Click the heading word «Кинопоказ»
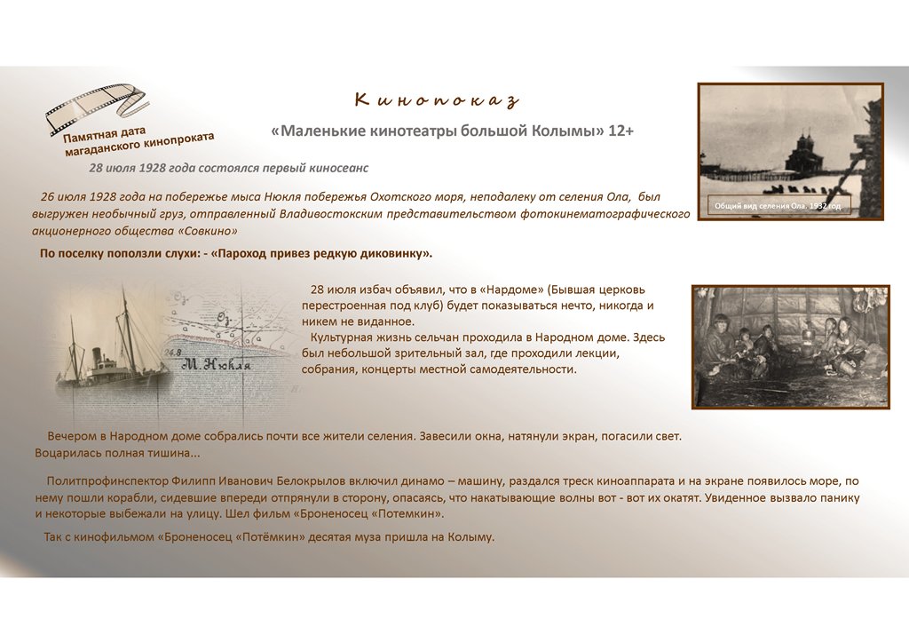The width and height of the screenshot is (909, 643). [436, 99]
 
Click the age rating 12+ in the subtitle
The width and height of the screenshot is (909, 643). [620, 131]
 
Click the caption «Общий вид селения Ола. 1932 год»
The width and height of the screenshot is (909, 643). [777, 206]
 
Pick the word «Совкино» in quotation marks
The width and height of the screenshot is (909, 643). [209, 231]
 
